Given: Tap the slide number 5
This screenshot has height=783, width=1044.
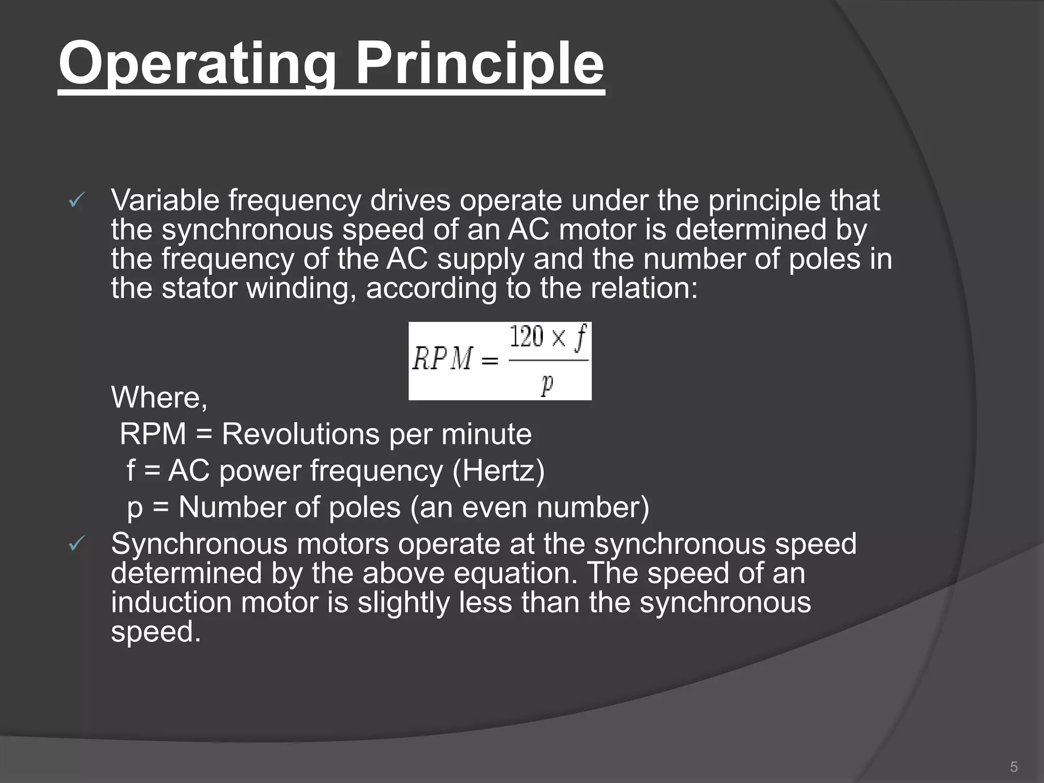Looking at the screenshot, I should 1013,767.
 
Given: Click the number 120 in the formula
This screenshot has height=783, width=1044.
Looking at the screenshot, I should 527,337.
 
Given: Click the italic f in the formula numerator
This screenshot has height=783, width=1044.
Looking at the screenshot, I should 580,337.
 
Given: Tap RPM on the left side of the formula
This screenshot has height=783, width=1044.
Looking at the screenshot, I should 442,359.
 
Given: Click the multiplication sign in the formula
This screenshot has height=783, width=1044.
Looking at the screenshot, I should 559,338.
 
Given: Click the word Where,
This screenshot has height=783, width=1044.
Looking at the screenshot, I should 159,397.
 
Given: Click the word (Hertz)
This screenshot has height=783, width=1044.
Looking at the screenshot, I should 498,471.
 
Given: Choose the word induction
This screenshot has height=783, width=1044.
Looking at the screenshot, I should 171,602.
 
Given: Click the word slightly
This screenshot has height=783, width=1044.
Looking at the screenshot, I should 403,602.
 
